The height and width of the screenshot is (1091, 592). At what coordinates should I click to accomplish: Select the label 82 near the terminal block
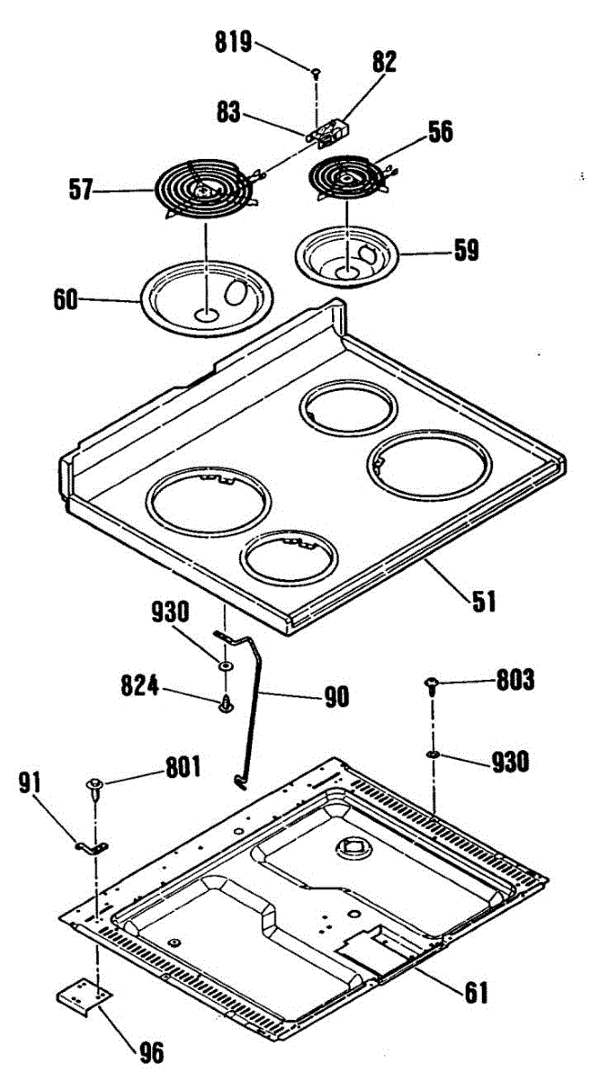[384, 61]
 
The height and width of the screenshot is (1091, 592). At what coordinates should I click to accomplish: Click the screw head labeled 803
[434, 683]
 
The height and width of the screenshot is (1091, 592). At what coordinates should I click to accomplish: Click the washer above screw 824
[224, 666]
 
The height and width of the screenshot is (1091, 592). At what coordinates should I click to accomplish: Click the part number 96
[151, 1053]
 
